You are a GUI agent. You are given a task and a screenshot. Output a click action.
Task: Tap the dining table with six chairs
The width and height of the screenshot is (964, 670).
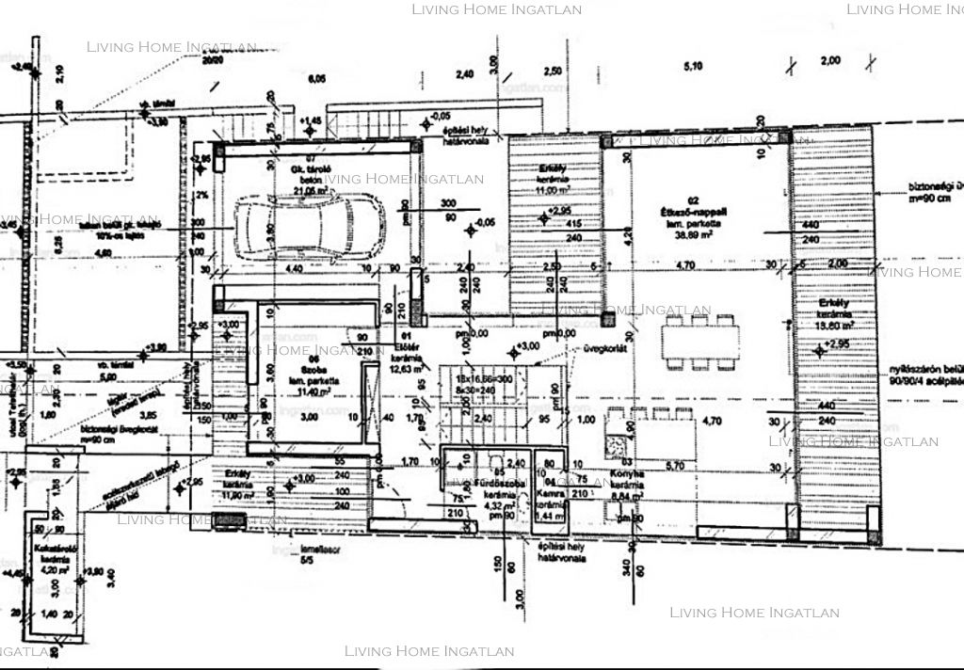[x=699, y=340]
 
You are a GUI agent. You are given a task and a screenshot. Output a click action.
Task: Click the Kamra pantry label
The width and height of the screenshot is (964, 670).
[x=549, y=492]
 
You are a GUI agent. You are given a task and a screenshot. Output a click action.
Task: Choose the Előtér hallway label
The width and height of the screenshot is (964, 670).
[x=405, y=344]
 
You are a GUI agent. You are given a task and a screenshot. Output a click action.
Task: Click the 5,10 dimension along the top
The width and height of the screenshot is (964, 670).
[x=693, y=66]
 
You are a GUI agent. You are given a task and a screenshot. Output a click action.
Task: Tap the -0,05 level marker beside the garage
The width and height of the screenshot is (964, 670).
[x=486, y=223]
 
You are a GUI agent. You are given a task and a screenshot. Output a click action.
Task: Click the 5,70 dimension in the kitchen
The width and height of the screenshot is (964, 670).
[x=674, y=465]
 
